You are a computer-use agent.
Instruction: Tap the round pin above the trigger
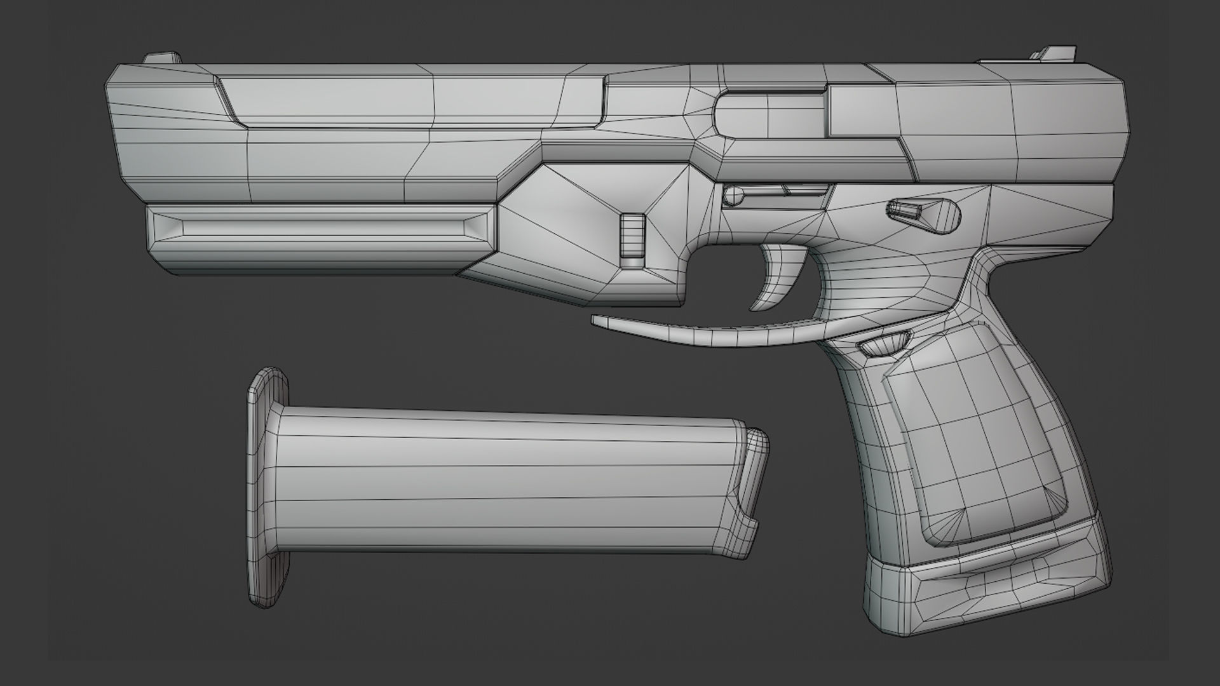tap(734, 194)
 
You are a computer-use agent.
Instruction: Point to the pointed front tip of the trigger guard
tap(597, 321)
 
